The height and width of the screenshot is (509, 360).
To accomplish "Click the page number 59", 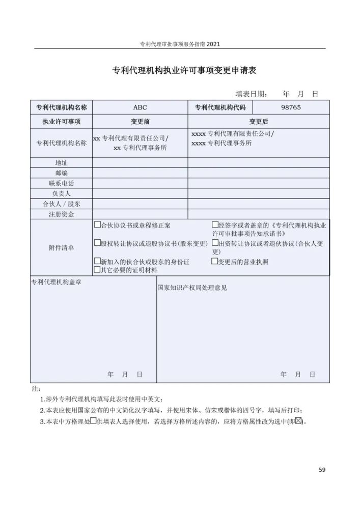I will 322,469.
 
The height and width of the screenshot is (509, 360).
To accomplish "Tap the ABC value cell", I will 140,107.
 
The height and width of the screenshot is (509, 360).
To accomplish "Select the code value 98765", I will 291,107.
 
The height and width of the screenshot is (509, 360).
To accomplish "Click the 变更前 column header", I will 140,122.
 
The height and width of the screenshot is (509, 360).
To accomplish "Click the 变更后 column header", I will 258,122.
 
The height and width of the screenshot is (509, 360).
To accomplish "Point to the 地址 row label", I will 61,163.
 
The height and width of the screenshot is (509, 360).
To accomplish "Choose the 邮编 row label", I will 61,173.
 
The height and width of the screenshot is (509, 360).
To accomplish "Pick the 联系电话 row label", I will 61,183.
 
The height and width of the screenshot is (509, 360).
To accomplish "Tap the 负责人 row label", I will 61,194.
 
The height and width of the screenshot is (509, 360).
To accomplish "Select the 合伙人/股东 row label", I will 61,204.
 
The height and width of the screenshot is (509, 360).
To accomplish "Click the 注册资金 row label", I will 61,214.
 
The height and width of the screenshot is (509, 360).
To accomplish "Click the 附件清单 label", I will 61,247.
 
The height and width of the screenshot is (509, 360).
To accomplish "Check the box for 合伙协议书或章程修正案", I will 97,224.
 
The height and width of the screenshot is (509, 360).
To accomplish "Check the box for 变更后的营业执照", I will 215,261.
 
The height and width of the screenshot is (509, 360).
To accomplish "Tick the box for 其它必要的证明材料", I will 97,269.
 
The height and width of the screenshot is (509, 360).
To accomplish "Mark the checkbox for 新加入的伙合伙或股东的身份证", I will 97,261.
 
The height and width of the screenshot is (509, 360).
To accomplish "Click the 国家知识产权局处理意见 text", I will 192,288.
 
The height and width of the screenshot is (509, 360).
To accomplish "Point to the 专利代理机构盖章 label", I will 56,282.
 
